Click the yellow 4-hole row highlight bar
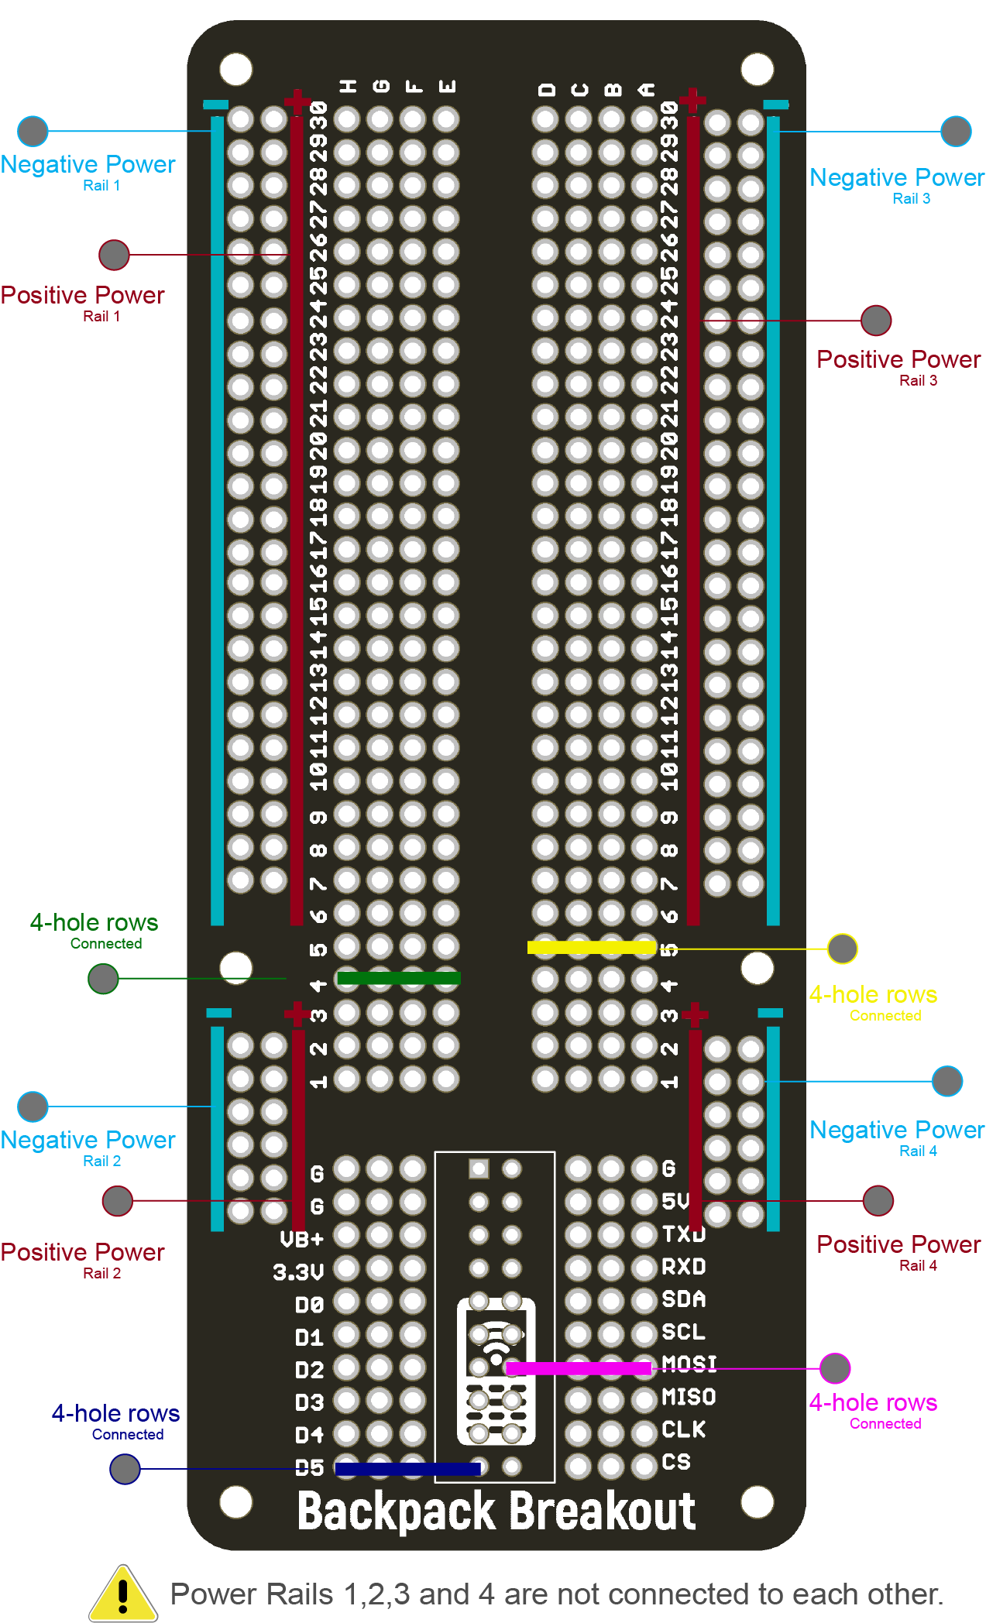pos(591,947)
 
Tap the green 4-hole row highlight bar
pos(399,978)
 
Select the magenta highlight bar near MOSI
pos(578,1368)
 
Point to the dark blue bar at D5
pos(407,1468)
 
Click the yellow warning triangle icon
pos(122,1594)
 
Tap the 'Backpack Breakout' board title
pos(496,1511)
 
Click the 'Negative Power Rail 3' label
pos(897,185)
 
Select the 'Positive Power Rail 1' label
pos(83,303)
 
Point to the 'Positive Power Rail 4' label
pos(898,1252)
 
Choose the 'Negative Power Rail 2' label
pos(88,1148)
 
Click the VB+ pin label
pos(301,1239)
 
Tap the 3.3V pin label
pos(298,1271)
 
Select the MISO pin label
pos(689,1397)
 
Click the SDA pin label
pos(683,1299)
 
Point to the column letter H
pos(348,87)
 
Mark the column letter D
pos(546,90)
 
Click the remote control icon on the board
pos(496,1371)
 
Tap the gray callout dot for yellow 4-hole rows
pos(842,949)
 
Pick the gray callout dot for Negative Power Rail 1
pos(33,132)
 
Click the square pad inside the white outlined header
pos(479,1168)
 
